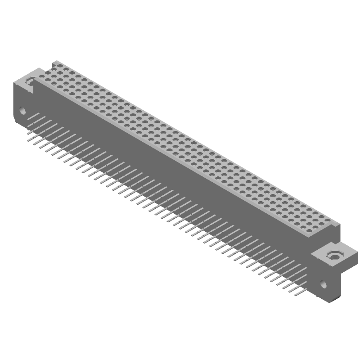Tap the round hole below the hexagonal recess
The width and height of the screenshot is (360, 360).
[323, 284]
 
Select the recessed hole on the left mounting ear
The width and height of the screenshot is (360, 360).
[29, 81]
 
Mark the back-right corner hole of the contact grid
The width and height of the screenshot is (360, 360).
[332, 220]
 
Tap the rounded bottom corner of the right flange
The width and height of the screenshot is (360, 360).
[331, 300]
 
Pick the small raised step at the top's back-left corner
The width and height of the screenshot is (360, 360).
[54, 63]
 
